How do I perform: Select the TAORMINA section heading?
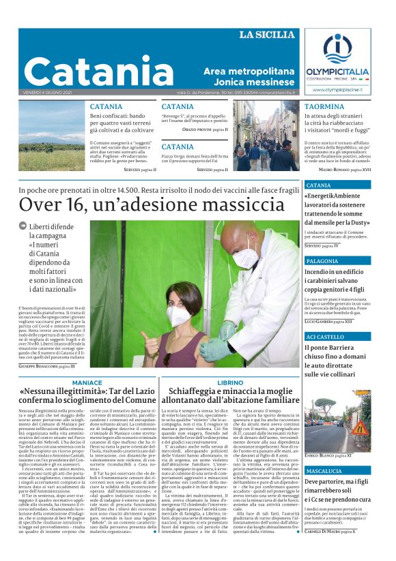point(324,107)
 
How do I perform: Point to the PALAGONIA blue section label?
point(322,262)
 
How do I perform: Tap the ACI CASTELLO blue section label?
point(325,337)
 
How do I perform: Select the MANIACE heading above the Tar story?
point(87,383)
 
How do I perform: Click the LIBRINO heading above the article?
point(230,383)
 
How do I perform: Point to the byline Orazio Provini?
point(203,129)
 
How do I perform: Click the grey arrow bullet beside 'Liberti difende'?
point(23,226)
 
